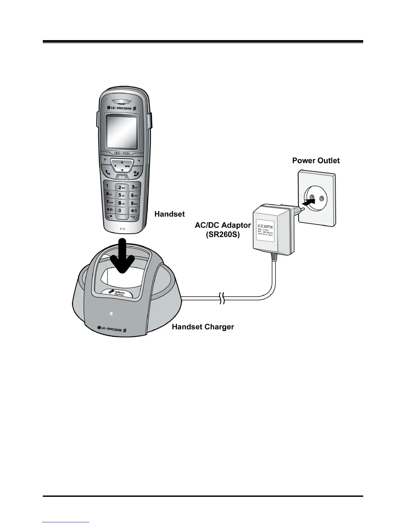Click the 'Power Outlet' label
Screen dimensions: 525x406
click(316, 161)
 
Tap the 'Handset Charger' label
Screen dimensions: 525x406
click(203, 327)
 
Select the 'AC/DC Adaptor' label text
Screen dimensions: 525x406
click(223, 225)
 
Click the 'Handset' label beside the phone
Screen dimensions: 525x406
click(169, 214)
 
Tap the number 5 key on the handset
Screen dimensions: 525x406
click(121, 195)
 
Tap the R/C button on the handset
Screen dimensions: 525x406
click(122, 177)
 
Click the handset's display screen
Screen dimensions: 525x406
click(121, 132)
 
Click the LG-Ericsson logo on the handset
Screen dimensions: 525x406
click(121, 108)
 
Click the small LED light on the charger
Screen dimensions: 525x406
click(111, 313)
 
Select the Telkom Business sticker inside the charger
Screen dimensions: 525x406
click(117, 293)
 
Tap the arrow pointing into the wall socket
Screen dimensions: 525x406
click(308, 201)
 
